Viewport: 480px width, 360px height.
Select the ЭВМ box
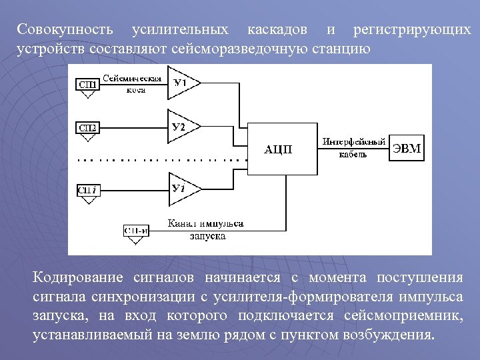tap(406, 148)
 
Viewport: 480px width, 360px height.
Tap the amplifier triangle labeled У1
tap(181, 83)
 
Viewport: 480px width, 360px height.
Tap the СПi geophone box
tap(88, 190)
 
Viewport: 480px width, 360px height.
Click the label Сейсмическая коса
tap(132, 83)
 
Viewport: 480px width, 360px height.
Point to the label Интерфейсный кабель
tap(354, 147)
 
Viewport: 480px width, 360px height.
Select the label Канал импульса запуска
tap(206, 229)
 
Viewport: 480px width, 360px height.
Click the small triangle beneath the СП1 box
tap(88, 95)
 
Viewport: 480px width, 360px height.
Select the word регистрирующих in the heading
tap(411, 31)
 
